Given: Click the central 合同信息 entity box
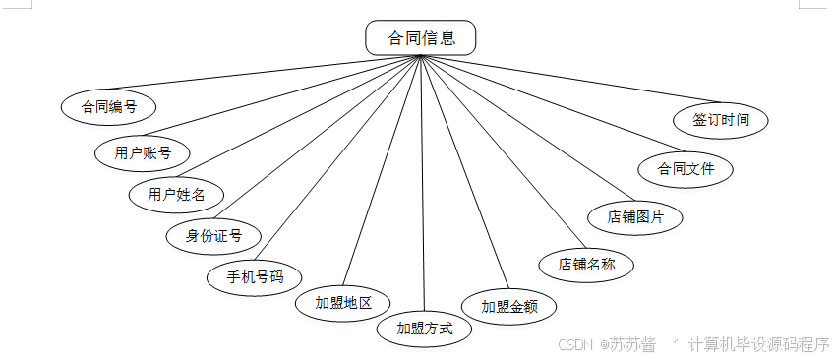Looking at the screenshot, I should point(421,38).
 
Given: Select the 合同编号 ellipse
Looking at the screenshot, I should point(108,107).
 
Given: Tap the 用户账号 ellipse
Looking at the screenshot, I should point(143,152).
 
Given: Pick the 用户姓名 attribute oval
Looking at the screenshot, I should point(177,194).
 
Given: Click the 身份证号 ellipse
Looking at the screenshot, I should point(213,235).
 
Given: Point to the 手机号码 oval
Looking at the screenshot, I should point(255,276).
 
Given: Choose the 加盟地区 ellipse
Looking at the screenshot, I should point(343,302).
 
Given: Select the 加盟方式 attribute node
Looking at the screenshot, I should point(425,328).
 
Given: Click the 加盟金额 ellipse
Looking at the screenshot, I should point(508,306).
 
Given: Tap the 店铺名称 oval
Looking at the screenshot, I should point(586,264).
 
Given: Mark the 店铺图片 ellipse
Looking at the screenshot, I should point(634,215).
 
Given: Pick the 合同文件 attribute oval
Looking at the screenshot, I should point(686,168).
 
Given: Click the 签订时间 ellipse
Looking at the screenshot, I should point(721,120).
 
